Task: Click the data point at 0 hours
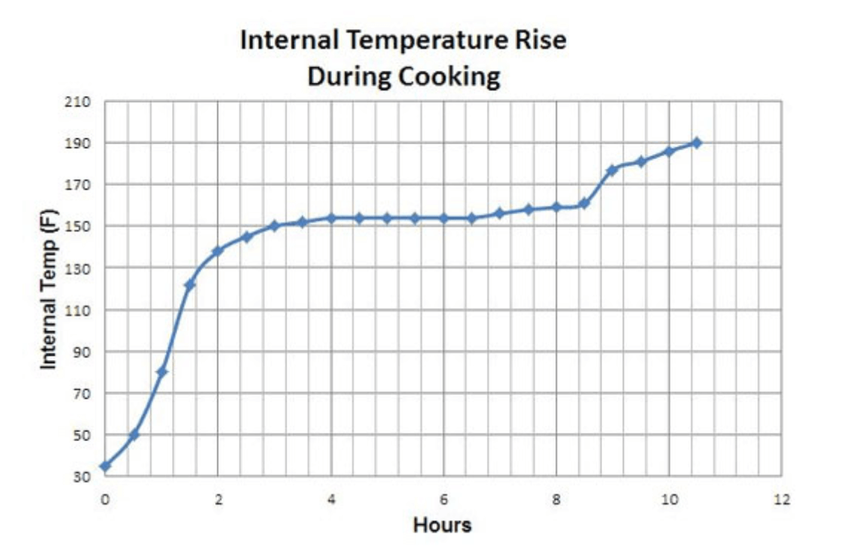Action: click(x=106, y=466)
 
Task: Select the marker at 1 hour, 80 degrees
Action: click(x=162, y=372)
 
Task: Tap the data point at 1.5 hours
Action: click(x=190, y=284)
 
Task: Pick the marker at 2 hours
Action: click(x=218, y=251)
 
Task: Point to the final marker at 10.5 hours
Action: click(x=697, y=142)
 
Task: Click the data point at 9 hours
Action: click(x=612, y=170)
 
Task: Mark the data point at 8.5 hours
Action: click(x=584, y=203)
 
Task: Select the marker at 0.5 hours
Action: click(x=134, y=434)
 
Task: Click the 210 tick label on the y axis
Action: click(x=77, y=102)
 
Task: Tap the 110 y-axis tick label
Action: click(x=77, y=310)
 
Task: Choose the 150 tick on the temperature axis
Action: click(x=77, y=227)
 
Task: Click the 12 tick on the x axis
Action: click(x=781, y=500)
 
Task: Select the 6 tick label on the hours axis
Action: click(x=444, y=500)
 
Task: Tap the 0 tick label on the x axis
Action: click(x=106, y=500)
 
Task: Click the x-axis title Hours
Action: click(x=442, y=525)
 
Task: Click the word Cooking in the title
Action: click(x=452, y=76)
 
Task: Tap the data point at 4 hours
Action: click(x=331, y=218)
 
